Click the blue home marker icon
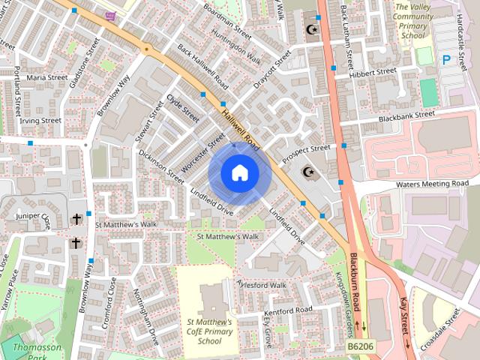(x=239, y=173)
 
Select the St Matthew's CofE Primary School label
(x=210, y=331)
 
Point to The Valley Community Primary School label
(x=413, y=20)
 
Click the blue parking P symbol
(x=447, y=58)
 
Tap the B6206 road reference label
(x=361, y=346)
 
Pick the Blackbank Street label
(x=406, y=116)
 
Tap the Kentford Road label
(x=289, y=310)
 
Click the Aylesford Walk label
(x=262, y=285)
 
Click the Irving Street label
(x=40, y=120)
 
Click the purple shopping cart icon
(x=111, y=16)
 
